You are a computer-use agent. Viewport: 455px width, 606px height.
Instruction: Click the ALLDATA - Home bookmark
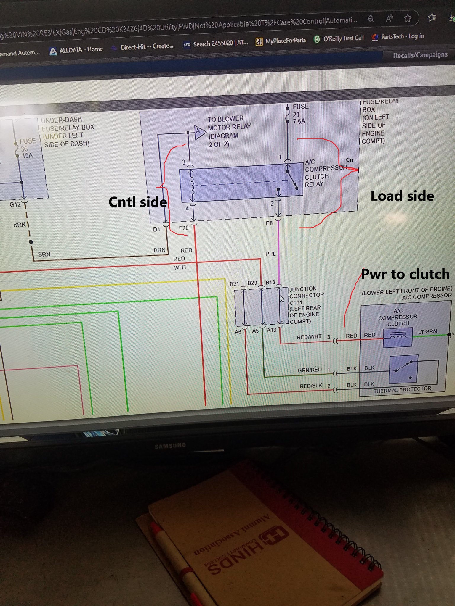(77, 50)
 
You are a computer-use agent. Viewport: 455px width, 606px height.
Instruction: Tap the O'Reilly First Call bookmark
(339, 38)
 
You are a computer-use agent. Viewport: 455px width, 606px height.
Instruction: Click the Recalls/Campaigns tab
(420, 55)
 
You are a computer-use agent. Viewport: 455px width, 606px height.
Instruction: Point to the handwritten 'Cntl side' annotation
(137, 202)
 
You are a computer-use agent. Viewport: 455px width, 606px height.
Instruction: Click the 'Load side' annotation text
(402, 196)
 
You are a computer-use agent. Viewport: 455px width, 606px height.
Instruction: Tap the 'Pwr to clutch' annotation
(405, 274)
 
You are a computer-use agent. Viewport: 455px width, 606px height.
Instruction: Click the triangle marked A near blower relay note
(199, 131)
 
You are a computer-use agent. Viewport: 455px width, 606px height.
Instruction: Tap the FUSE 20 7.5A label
(300, 114)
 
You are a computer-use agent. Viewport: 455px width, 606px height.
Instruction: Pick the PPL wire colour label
(270, 254)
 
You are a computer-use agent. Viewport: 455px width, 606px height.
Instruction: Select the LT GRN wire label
(427, 332)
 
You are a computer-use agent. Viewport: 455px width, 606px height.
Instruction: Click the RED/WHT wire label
(309, 337)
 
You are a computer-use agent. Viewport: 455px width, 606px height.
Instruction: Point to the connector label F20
(184, 228)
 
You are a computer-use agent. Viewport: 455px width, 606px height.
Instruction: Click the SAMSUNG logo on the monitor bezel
(170, 446)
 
